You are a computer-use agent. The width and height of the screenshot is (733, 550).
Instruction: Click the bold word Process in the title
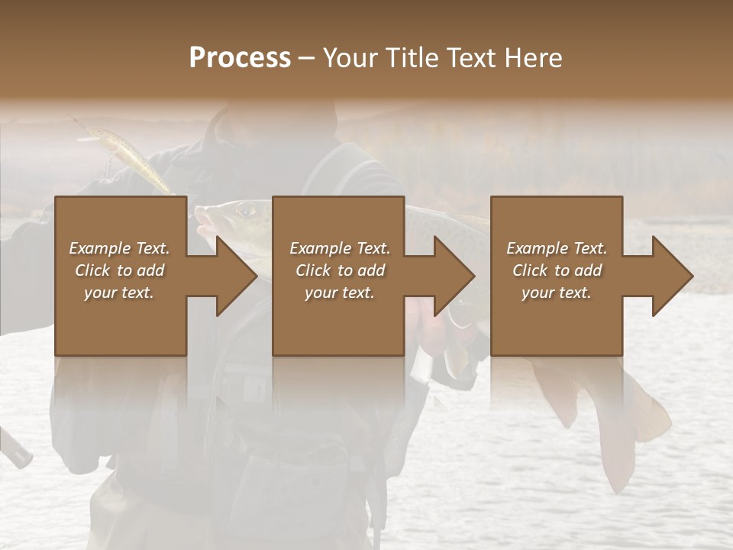tap(240, 58)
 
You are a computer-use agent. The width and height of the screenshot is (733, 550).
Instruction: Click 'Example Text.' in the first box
tap(119, 248)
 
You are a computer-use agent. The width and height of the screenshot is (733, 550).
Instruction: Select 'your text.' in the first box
tap(119, 293)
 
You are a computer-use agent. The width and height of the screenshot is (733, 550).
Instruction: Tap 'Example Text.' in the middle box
tap(339, 248)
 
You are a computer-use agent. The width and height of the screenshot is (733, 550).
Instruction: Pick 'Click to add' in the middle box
tap(339, 270)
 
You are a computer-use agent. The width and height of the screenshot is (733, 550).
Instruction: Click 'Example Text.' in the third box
tap(557, 248)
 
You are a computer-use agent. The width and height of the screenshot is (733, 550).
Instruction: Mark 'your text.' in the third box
tap(557, 293)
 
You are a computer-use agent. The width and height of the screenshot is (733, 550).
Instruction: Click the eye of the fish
tap(245, 209)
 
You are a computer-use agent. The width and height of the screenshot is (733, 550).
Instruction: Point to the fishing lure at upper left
tap(122, 155)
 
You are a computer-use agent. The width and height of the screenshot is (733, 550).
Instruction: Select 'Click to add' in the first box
tap(119, 270)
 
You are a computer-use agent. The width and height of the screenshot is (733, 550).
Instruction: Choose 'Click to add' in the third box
tap(557, 270)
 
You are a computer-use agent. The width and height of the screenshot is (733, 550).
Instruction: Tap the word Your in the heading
tap(347, 58)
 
